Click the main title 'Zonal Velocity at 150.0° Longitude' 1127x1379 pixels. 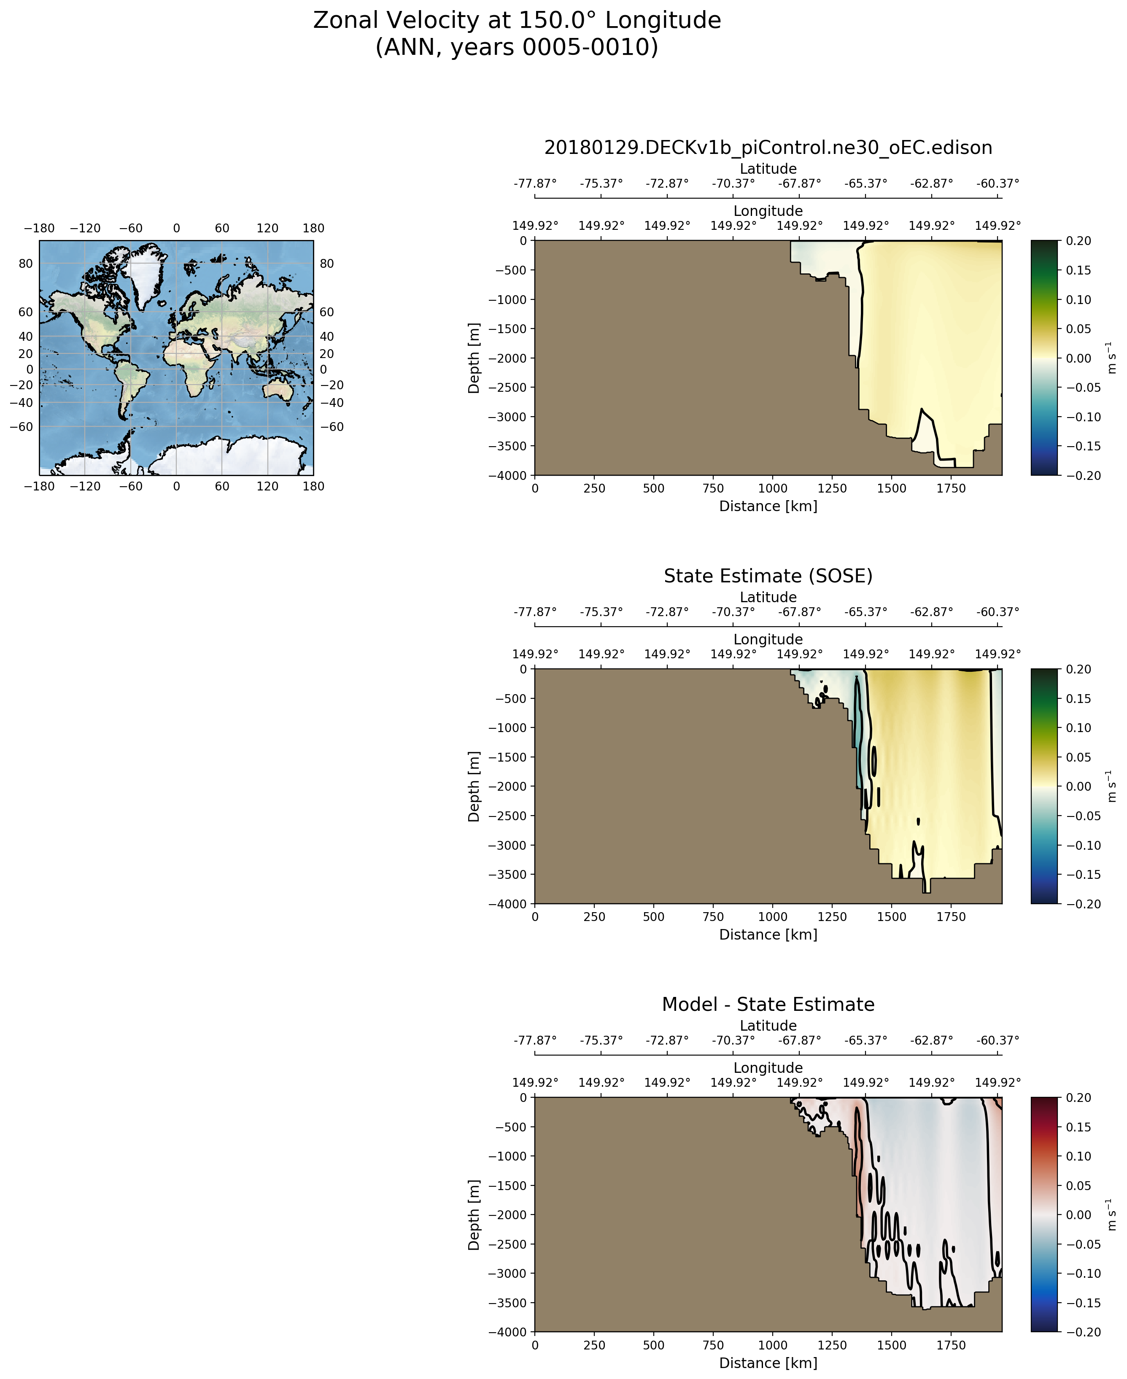[x=517, y=21]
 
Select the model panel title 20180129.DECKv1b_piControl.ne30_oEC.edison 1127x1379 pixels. [x=768, y=148]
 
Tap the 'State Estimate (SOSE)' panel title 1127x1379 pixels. [x=768, y=576]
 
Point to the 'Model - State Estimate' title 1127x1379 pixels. [x=768, y=1005]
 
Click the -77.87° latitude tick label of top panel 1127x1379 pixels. [x=535, y=183]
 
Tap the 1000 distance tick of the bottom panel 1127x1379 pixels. [x=773, y=1345]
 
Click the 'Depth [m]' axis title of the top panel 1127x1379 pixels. [x=474, y=358]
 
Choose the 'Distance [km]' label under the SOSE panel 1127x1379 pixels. [x=768, y=935]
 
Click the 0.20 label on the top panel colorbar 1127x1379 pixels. [x=1078, y=241]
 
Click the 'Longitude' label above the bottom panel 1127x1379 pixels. [x=768, y=1067]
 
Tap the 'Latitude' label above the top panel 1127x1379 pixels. [x=768, y=169]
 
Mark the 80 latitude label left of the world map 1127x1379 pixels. [x=25, y=264]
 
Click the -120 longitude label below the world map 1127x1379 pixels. [x=85, y=486]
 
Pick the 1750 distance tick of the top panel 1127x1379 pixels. [x=951, y=489]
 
